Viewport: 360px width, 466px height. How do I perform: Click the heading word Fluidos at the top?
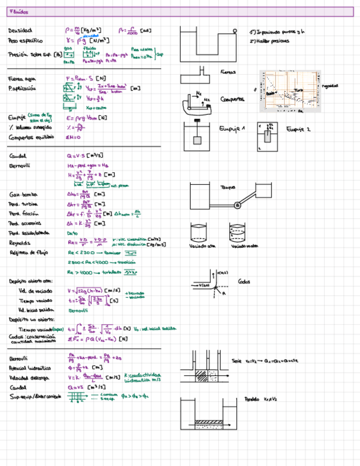pos(19,12)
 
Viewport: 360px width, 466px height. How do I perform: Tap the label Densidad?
pos(20,30)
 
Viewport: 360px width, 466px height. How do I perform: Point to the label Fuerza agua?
pos(22,79)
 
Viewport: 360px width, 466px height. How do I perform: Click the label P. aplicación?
pos(22,88)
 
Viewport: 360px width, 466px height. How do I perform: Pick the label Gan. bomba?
pos(23,194)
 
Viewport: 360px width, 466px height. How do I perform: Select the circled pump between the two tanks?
pos(237,205)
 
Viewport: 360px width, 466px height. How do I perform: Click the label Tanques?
pos(228,187)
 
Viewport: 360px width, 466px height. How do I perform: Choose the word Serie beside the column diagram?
pos(237,361)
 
